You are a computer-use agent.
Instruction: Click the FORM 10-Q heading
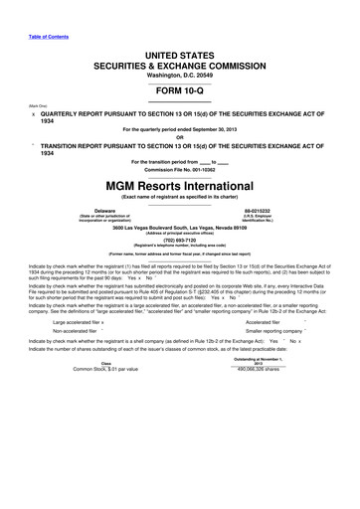(180, 84)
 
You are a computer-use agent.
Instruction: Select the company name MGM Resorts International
(180, 184)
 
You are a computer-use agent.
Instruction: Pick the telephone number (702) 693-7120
(180, 240)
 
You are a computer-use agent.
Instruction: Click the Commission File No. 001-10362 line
(180, 169)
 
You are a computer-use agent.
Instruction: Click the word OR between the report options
(180, 135)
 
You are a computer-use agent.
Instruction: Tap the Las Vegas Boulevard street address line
(180, 228)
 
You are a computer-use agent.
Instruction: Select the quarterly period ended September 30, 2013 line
(180, 128)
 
